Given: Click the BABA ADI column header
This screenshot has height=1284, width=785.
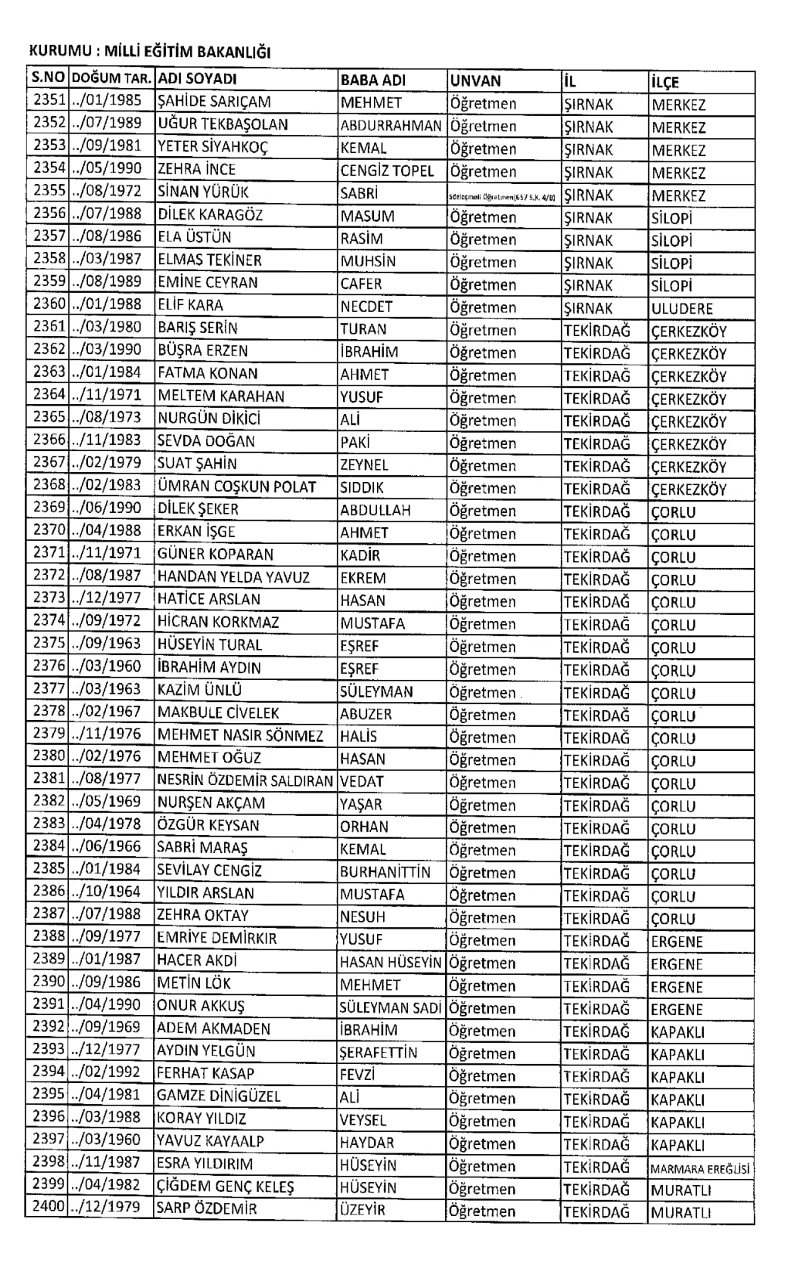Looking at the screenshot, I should (373, 80).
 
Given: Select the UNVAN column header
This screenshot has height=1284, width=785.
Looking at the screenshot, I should (475, 80).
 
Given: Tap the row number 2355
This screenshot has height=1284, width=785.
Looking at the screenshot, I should (49, 190).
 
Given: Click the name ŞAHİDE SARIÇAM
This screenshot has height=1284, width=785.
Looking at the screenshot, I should (214, 101).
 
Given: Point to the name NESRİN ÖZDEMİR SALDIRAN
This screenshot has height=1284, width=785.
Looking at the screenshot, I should (245, 780).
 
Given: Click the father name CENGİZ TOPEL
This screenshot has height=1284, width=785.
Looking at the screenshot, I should (387, 170).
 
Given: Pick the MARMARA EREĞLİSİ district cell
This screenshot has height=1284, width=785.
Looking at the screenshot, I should (700, 1169).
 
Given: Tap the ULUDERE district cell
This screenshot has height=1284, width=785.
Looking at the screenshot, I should (682, 309).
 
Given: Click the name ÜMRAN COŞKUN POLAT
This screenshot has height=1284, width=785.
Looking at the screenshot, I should (237, 487).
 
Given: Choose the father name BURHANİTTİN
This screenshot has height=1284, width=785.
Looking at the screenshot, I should (385, 871).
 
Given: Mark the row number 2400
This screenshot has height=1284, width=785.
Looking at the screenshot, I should (49, 1207).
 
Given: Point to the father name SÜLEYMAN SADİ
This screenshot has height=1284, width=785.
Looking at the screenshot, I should (390, 1007).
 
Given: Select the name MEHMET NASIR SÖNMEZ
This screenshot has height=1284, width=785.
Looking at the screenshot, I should (240, 735).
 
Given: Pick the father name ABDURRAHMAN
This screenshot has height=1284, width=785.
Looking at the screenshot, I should (391, 125).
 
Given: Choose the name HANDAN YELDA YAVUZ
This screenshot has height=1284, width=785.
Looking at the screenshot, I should (233, 577).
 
